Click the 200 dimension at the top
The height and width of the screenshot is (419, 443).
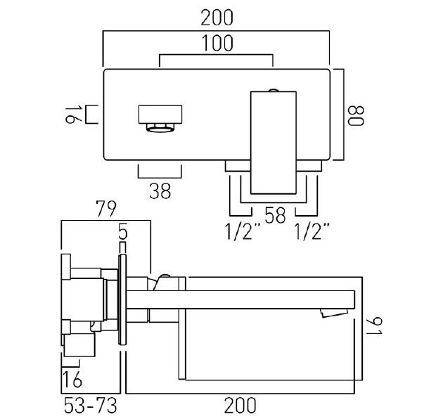click(217, 18)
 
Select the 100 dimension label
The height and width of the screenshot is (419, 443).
click(217, 43)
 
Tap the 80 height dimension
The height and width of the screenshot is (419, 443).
click(357, 115)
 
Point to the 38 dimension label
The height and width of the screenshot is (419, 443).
click(160, 191)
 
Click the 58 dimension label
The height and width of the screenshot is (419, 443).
click(275, 215)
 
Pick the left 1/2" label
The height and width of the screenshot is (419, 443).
click(243, 231)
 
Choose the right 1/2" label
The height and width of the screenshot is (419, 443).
click(312, 231)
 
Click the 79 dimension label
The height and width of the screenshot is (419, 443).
click(106, 209)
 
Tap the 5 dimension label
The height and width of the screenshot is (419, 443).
click(123, 231)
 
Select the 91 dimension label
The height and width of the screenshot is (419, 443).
click(374, 326)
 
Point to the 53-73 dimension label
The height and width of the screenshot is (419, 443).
click(91, 406)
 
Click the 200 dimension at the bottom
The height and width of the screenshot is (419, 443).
click(240, 406)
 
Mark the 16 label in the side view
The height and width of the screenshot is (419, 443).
click(72, 380)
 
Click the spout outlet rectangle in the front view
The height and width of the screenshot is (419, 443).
click(160, 115)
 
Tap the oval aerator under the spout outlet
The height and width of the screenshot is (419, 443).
click(160, 129)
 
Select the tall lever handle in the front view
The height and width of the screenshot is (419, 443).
click(274, 143)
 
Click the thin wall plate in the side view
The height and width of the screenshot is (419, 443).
click(122, 299)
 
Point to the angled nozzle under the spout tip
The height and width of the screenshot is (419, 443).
click(333, 313)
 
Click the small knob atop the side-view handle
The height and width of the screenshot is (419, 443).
click(165, 276)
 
